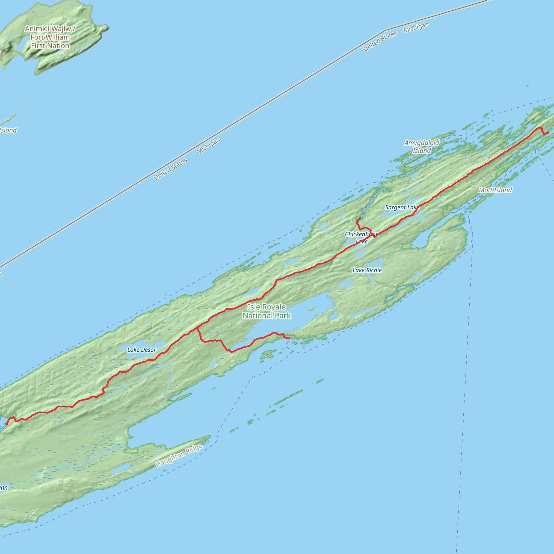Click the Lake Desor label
point(142,349)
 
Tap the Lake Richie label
point(367,270)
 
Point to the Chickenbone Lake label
point(361,238)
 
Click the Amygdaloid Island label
point(421,147)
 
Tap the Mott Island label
point(495,190)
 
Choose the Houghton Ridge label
point(179,455)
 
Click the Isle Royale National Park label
point(267,311)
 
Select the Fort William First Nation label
point(50,37)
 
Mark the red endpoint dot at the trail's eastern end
point(547,133)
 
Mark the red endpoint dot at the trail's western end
point(7,424)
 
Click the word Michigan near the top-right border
point(416,28)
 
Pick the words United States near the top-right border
point(380,41)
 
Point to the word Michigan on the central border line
point(209,146)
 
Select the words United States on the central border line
point(170,169)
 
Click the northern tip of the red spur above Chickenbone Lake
point(360,218)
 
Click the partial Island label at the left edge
point(8,130)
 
